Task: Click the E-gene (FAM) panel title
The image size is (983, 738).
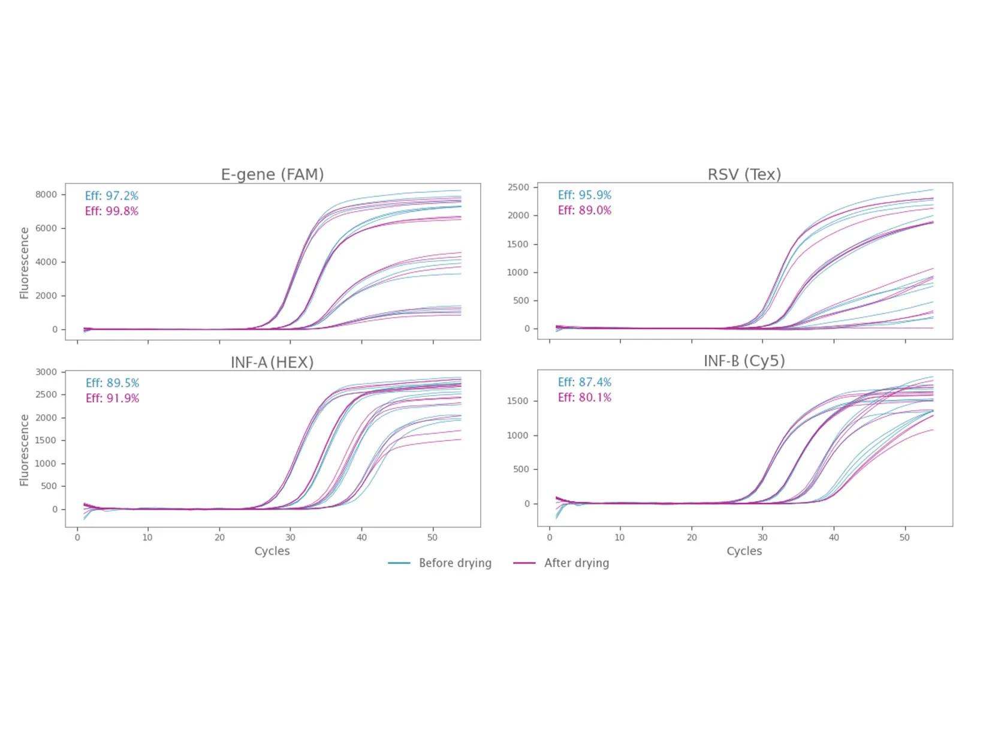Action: [x=272, y=174]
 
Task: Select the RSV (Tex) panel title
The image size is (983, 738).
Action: [x=744, y=174]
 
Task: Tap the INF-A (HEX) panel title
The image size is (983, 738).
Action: [x=272, y=362]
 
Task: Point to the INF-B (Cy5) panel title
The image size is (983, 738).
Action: [x=744, y=361]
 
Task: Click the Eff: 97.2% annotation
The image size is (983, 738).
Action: [x=111, y=196]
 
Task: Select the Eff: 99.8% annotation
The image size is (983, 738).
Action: [x=111, y=211]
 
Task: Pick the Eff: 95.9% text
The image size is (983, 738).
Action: [x=584, y=195]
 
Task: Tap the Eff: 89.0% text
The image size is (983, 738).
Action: [x=584, y=210]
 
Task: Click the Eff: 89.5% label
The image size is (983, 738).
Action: [x=112, y=383]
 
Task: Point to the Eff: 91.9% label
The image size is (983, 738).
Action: [x=112, y=398]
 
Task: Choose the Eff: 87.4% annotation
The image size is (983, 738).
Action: [x=584, y=382]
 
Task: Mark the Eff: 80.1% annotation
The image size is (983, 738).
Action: [x=584, y=397]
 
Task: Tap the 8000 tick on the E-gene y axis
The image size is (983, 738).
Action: [x=46, y=194]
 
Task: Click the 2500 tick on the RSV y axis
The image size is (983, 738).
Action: [x=518, y=187]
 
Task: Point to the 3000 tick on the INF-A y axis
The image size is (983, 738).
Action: [x=46, y=372]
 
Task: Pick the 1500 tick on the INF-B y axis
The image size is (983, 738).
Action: [x=518, y=400]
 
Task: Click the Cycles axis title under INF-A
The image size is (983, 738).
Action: [x=272, y=551]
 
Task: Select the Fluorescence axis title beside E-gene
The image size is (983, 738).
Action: [x=24, y=263]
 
